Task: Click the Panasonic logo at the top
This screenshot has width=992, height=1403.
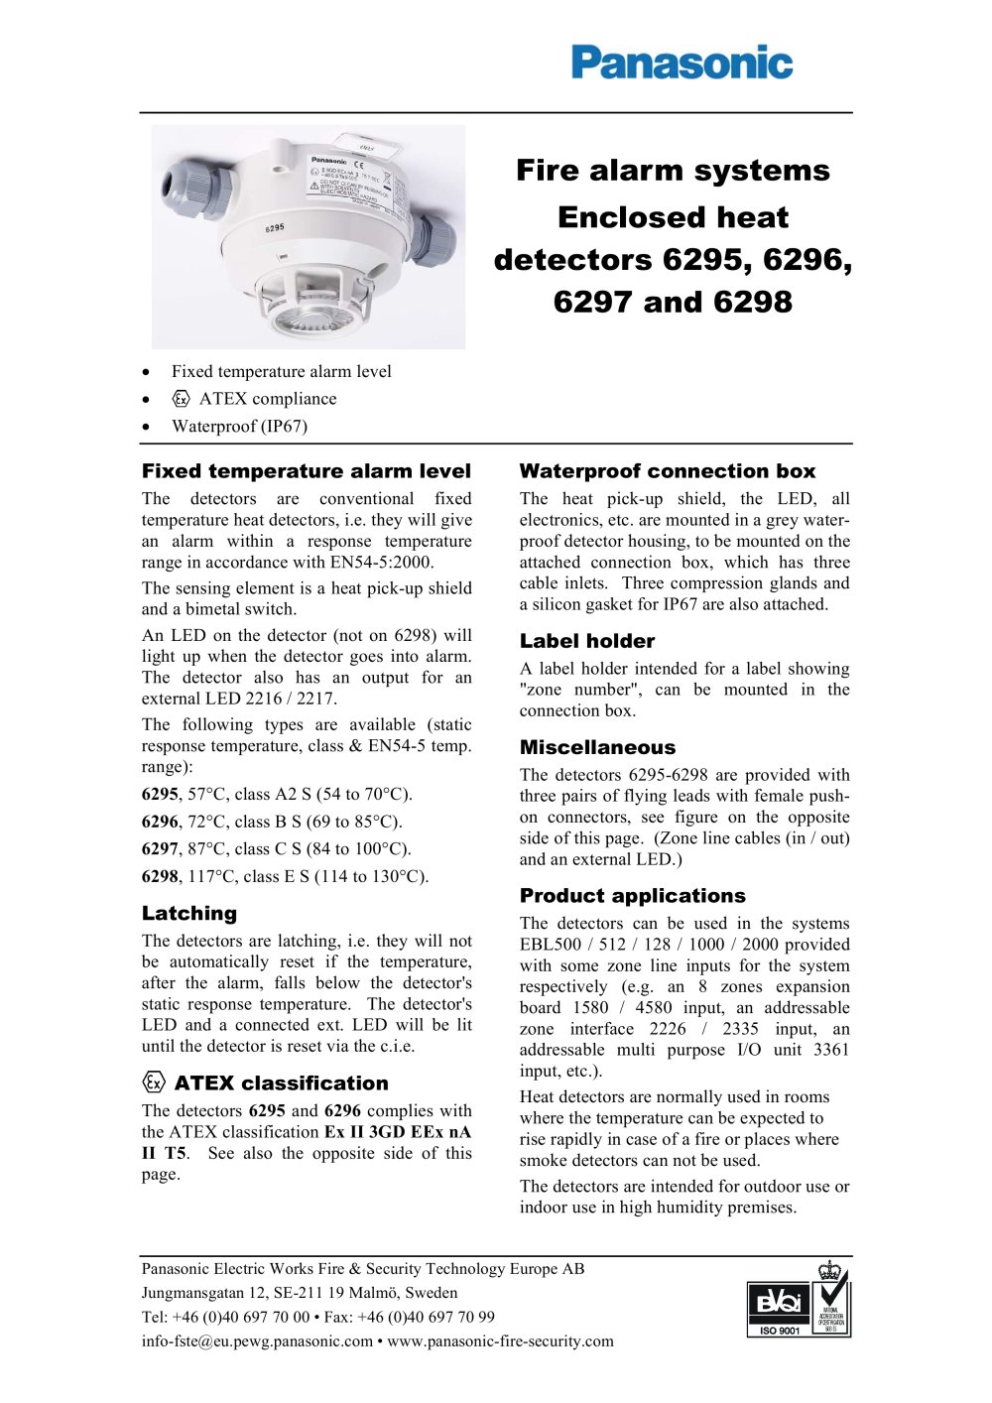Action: click(682, 63)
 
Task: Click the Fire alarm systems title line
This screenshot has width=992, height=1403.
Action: click(673, 171)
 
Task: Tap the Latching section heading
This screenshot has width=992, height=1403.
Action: click(189, 913)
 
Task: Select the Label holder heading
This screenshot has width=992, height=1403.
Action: click(587, 641)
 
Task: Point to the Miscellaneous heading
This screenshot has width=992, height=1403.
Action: click(597, 747)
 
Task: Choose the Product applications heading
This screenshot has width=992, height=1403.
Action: click(632, 895)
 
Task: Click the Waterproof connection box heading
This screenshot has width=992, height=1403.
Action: click(667, 471)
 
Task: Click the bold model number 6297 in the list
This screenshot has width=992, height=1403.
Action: click(160, 849)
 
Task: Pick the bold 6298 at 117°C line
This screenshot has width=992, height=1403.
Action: click(160, 877)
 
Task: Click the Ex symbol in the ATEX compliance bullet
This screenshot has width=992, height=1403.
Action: click(181, 399)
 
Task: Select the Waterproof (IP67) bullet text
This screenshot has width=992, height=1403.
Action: click(239, 427)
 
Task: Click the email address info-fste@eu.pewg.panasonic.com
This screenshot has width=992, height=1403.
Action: click(257, 1341)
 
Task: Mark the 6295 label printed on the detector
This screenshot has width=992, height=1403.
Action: click(274, 228)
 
